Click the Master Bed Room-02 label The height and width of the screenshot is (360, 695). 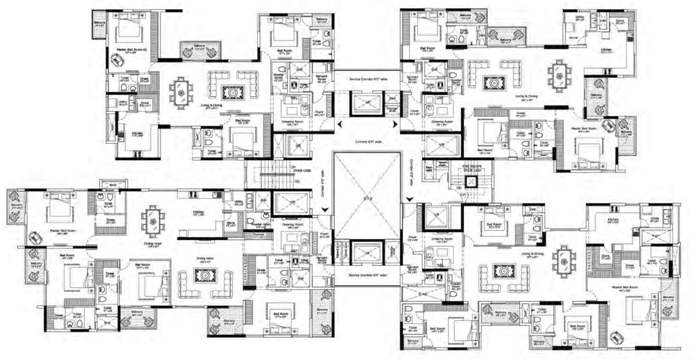(128, 49)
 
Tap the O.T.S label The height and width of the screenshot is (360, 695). (367, 198)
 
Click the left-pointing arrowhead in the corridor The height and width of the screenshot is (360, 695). (339, 124)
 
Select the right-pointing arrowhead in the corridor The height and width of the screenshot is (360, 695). (396, 124)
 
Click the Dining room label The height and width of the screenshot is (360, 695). (152, 243)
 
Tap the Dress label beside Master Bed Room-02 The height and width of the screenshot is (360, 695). (144, 79)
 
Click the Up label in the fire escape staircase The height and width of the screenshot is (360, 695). (459, 187)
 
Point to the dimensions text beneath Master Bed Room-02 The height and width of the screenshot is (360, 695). (128, 53)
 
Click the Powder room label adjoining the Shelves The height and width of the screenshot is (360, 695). (259, 227)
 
